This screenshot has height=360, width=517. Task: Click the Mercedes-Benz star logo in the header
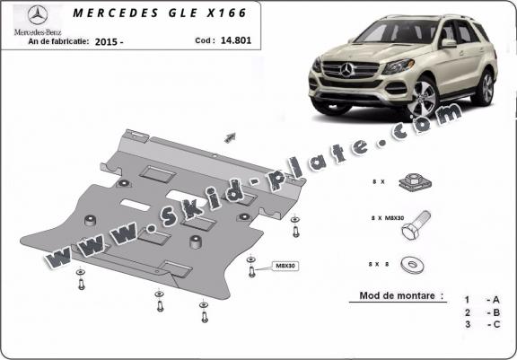(x=38, y=15)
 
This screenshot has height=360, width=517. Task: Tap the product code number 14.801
(x=236, y=40)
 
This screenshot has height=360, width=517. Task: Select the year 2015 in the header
(x=106, y=42)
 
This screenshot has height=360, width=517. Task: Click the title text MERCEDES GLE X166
(x=160, y=13)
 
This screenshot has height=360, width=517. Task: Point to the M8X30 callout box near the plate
(x=285, y=266)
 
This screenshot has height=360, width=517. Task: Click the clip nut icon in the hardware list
(x=415, y=182)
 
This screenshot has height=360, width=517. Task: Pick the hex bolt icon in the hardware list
(x=416, y=224)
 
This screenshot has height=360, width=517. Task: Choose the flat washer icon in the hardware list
(x=413, y=265)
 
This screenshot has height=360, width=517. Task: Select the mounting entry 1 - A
(x=482, y=300)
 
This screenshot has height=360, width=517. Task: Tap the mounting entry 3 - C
(x=482, y=324)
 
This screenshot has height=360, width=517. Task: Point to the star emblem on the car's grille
(x=346, y=70)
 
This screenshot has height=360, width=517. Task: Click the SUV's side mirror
(x=448, y=43)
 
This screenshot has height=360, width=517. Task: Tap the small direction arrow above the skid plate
(x=230, y=137)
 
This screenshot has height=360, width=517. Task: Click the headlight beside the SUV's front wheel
(x=399, y=66)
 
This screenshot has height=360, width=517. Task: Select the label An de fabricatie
(x=58, y=41)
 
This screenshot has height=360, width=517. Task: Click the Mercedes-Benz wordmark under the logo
(x=38, y=32)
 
